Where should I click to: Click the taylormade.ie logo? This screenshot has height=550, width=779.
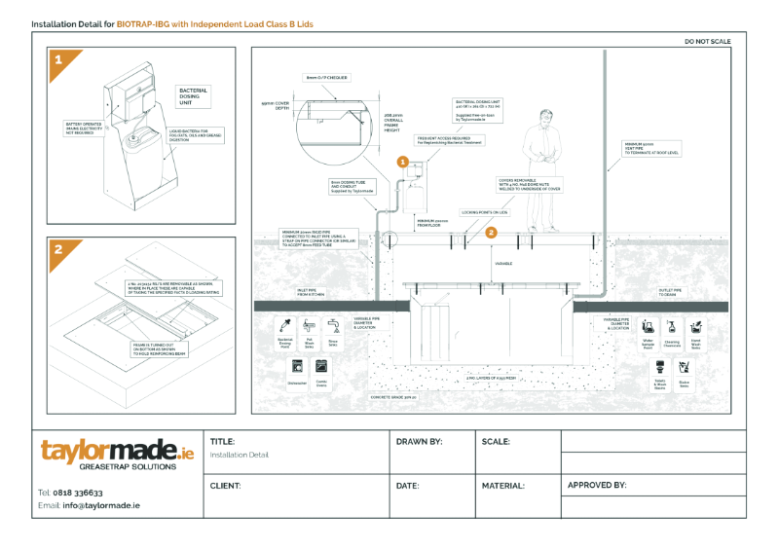pyautogui.click(x=117, y=454)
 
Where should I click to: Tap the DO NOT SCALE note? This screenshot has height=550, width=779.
pyautogui.click(x=708, y=42)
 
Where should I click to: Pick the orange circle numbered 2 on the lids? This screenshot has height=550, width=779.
pyautogui.click(x=492, y=233)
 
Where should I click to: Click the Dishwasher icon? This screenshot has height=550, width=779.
pyautogui.click(x=297, y=369)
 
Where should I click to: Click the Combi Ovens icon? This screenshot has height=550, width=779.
pyautogui.click(x=321, y=369)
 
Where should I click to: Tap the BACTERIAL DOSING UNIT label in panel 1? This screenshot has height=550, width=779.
pyautogui.click(x=193, y=94)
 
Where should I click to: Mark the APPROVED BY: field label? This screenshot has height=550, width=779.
pyautogui.click(x=596, y=484)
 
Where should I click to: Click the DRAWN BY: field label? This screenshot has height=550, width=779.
pyautogui.click(x=419, y=441)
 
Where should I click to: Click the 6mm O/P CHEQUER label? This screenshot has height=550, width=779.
pyautogui.click(x=326, y=77)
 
